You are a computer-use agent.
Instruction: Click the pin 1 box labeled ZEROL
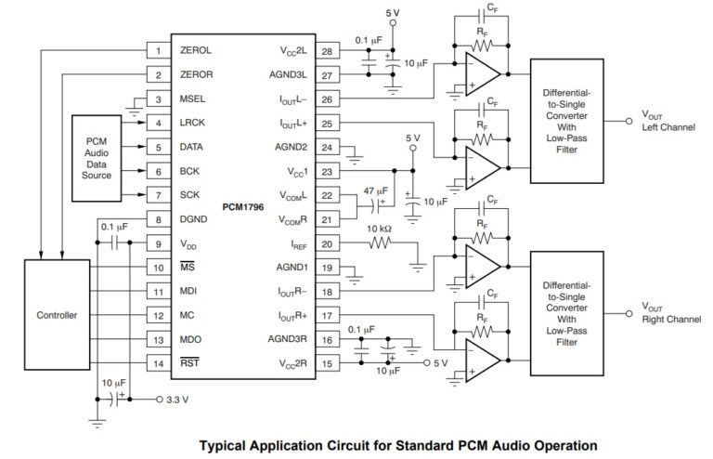coord(159,50)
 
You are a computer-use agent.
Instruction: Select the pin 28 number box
coord(328,50)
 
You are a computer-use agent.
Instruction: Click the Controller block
coord(58,315)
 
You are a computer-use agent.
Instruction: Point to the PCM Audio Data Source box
coord(97,159)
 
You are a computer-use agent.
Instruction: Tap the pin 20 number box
coord(328,243)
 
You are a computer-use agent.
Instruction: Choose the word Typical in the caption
coord(227,444)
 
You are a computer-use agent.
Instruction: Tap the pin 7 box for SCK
coord(159,195)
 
